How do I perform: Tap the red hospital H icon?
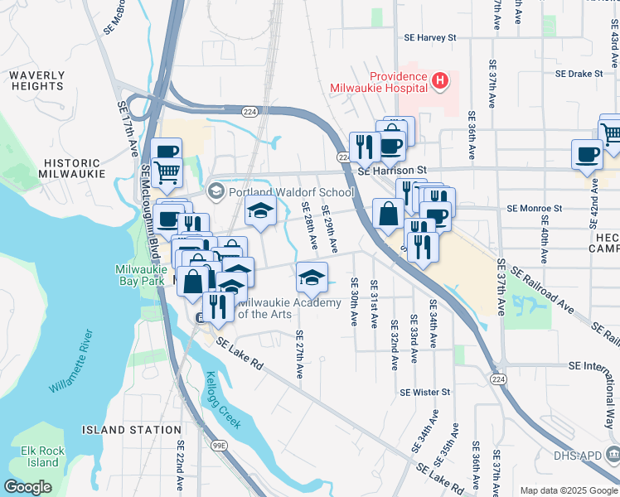click(x=440, y=80)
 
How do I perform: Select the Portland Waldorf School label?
click(x=291, y=192)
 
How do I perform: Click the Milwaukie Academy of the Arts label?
click(x=289, y=308)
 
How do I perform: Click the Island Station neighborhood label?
click(x=132, y=430)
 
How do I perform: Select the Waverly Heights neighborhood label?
click(x=37, y=80)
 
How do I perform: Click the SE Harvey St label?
click(x=430, y=37)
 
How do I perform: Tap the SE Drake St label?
click(x=579, y=73)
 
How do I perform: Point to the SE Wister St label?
click(x=424, y=392)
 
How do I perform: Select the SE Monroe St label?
click(x=535, y=208)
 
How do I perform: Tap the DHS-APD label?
click(x=587, y=455)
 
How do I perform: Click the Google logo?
click(x=27, y=486)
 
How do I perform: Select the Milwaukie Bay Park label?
click(x=146, y=276)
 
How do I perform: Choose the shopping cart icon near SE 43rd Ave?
click(x=611, y=133)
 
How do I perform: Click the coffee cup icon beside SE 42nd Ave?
click(x=587, y=155)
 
